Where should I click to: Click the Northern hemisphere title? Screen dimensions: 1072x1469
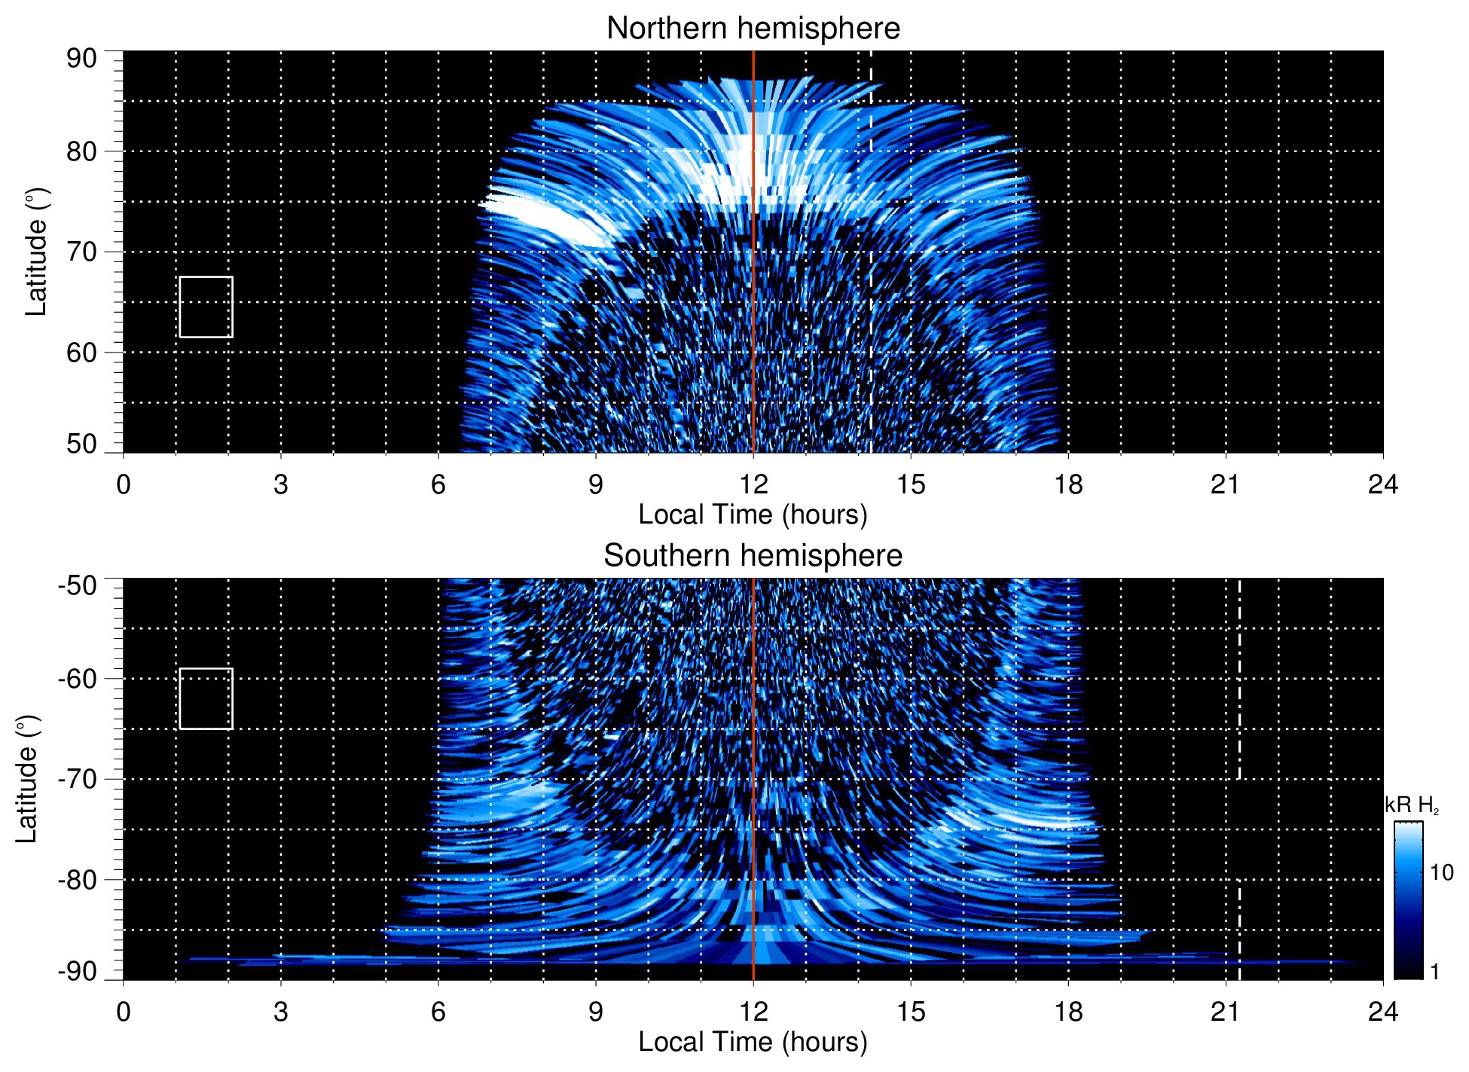(x=753, y=29)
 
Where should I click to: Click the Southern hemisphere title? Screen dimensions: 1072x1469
(x=753, y=556)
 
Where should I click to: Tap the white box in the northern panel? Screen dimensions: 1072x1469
(x=206, y=307)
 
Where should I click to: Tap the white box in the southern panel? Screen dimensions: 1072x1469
(x=206, y=698)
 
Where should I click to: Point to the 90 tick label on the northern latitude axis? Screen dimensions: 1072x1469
(x=81, y=59)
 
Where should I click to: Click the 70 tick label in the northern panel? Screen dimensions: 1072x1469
(x=81, y=252)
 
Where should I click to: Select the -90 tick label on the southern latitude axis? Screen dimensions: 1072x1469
(x=78, y=972)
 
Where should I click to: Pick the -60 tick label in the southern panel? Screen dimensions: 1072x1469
(x=78, y=679)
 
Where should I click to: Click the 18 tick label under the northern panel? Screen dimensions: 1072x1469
(x=1068, y=484)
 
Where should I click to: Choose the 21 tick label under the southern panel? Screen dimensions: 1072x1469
(x=1226, y=1012)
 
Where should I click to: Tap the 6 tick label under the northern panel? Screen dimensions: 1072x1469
(x=438, y=484)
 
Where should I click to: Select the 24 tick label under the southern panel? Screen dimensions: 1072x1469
(x=1383, y=1012)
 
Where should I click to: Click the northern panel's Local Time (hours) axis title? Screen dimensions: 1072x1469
(x=753, y=515)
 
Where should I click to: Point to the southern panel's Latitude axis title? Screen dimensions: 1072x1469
(x=27, y=779)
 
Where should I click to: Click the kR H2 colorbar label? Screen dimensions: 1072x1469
(x=1412, y=805)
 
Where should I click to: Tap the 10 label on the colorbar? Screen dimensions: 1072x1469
(x=1441, y=872)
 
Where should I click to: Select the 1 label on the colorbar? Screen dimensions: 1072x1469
(x=1434, y=972)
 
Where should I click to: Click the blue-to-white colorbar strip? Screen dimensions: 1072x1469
(x=1408, y=900)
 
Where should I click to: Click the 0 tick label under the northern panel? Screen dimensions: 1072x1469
(x=124, y=484)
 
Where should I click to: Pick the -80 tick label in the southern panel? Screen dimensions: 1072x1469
(x=78, y=879)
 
